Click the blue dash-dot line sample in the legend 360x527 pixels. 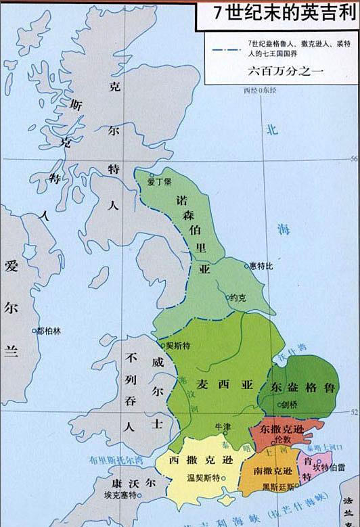click(x=227, y=48)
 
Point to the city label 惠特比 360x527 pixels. click(x=261, y=266)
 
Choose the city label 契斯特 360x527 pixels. click(x=177, y=345)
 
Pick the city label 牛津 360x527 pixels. click(x=223, y=427)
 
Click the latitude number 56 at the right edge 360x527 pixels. click(x=353, y=159)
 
